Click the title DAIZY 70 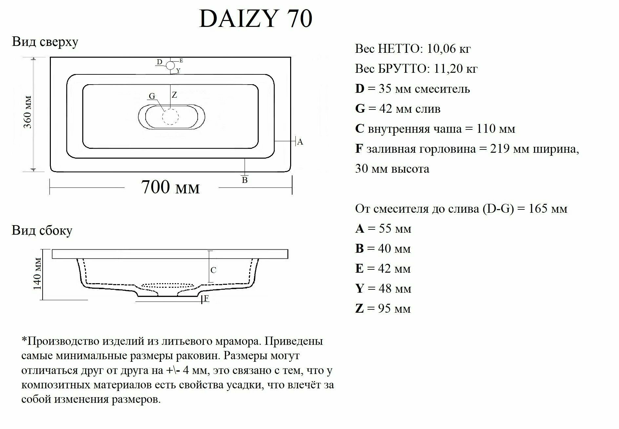[x=255, y=19]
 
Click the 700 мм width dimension [x=170, y=187]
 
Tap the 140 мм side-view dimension [x=37, y=274]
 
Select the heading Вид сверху [x=45, y=42]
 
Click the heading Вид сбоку [x=42, y=230]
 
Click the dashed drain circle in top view [x=170, y=117]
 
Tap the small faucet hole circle [x=170, y=65]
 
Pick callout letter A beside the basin [x=300, y=142]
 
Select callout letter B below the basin [x=245, y=180]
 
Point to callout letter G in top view [x=152, y=96]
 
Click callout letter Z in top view [x=174, y=95]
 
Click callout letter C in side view [x=213, y=270]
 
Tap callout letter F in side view [x=206, y=298]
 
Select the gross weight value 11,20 [x=448, y=69]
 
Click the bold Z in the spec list [x=359, y=309]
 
